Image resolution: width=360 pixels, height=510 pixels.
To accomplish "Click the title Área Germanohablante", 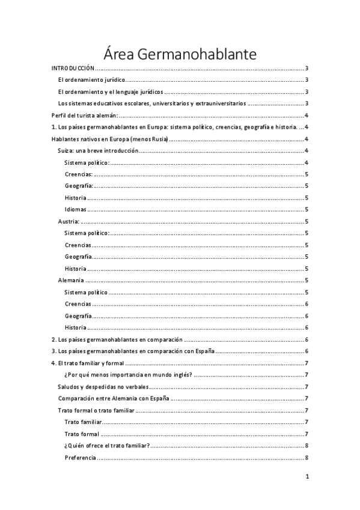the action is (180, 54).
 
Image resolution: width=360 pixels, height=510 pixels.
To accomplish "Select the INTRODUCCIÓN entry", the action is (73, 69).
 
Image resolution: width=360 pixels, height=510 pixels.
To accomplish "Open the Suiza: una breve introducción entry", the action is (98, 151).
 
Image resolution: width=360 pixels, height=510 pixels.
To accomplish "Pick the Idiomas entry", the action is (76, 210).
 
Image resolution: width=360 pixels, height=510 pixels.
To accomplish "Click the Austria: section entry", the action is (69, 221).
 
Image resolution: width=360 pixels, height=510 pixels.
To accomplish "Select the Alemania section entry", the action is (71, 280).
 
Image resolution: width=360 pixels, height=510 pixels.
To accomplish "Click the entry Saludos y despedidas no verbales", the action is (103, 387).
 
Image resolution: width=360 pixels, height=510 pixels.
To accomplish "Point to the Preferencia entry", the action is (80, 458).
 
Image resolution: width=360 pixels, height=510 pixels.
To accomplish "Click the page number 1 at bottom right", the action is (307, 477).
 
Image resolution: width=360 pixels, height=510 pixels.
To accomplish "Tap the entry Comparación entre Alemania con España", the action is (113, 398).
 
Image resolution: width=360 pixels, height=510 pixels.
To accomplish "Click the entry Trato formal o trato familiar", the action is (96, 410).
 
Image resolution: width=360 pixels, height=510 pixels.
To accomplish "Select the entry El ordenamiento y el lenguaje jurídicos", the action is (110, 92).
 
